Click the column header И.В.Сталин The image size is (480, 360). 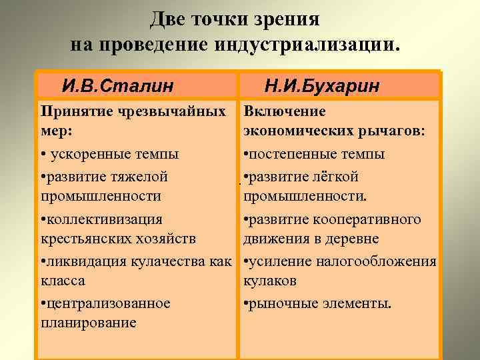117,86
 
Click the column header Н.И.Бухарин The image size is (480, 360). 322,86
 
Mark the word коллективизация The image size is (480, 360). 103,219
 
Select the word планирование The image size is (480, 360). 87,323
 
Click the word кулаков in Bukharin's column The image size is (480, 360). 269,281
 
